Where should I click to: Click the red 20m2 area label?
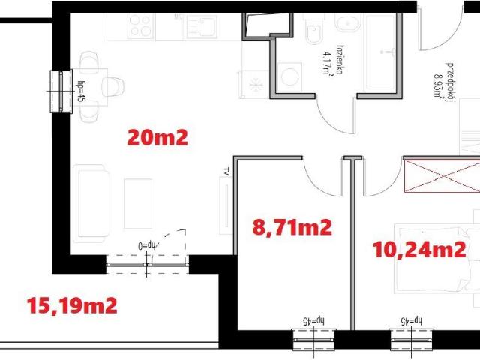point(157,137)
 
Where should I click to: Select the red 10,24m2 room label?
point(419,250)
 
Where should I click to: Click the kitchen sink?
point(202,28)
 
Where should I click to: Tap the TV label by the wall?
point(225,171)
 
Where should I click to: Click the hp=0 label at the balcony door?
point(145,244)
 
